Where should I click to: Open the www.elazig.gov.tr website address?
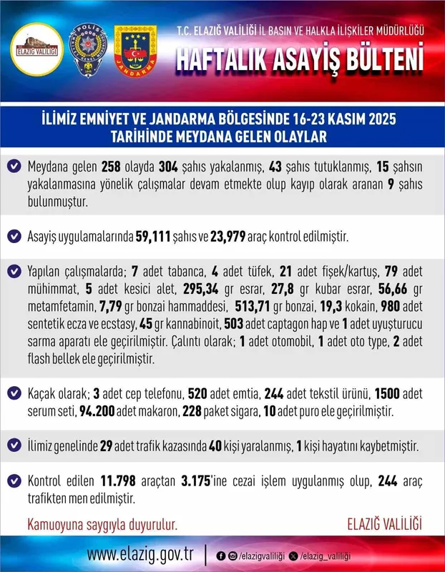[x=141, y=555]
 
